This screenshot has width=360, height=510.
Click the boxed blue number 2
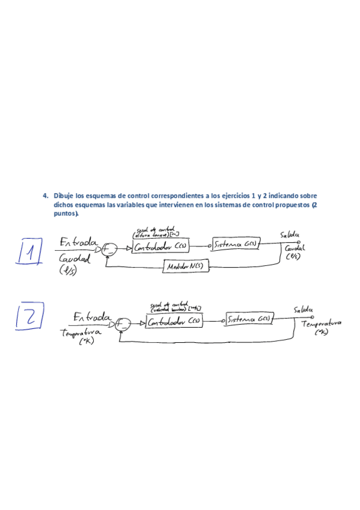tap(28, 317)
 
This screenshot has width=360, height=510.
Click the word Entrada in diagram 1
tap(78, 242)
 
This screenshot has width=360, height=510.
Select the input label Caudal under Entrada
tap(74, 259)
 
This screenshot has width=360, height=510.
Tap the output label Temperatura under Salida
tap(321, 323)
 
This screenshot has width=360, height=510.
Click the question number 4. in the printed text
tap(45, 195)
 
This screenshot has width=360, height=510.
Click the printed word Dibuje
tap(64, 195)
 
